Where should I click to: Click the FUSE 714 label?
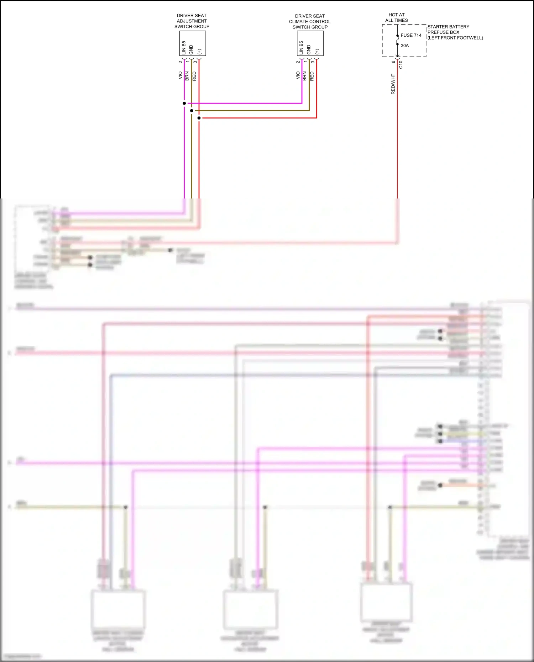(x=411, y=35)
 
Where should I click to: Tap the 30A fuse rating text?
(x=405, y=46)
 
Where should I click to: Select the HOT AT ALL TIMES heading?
(x=397, y=17)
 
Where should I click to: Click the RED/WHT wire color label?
(x=393, y=84)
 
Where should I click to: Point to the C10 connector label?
(x=401, y=64)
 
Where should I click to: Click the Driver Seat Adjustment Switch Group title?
(x=192, y=21)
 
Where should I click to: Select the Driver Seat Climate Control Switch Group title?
(x=310, y=21)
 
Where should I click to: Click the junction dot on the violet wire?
(x=184, y=103)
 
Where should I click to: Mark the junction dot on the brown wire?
(x=192, y=111)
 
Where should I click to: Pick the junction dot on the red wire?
(x=199, y=118)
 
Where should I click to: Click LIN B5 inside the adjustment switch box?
(x=184, y=48)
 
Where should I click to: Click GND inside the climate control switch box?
(x=309, y=49)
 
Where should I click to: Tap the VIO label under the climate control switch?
(x=298, y=75)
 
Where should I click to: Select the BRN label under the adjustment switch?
(x=187, y=76)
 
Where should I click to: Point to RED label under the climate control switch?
(x=312, y=76)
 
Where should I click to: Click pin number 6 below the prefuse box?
(x=393, y=62)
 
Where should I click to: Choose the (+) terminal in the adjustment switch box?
(x=199, y=52)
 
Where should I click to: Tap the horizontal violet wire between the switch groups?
(x=246, y=103)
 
